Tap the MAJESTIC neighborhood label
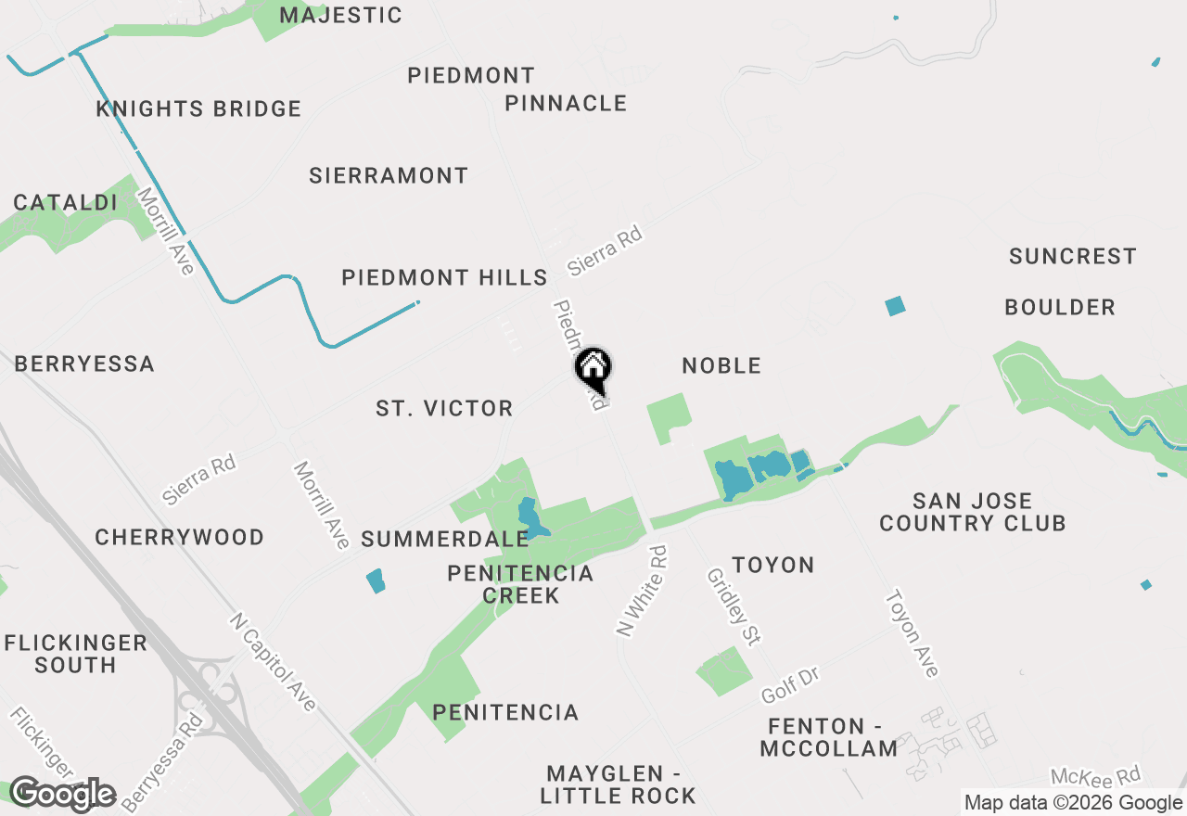[340, 15]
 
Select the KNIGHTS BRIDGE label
[198, 108]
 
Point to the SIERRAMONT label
[389, 175]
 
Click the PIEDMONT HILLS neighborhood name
[444, 277]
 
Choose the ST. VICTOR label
[444, 408]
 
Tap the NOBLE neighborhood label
[721, 365]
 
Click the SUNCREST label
[1072, 256]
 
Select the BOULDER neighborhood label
[1060, 307]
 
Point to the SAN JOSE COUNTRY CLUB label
[972, 512]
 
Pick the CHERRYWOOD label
[179, 537]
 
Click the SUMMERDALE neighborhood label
[444, 539]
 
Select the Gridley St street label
[734, 606]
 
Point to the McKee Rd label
[1095, 776]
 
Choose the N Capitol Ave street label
[273, 662]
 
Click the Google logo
[62, 794]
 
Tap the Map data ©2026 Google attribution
[1073, 803]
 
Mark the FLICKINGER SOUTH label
[75, 654]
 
